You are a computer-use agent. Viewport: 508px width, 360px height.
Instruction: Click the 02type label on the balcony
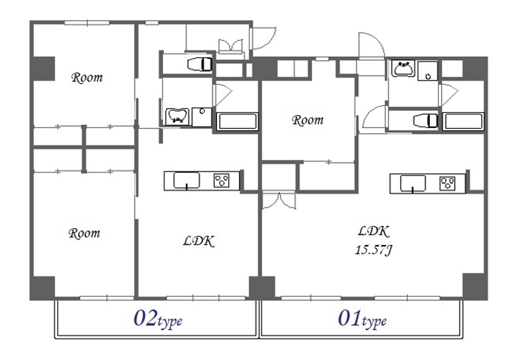coord(158,319)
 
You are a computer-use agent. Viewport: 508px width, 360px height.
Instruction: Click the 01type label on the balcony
coord(363,319)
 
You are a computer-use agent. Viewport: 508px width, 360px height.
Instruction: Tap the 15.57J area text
coord(373,250)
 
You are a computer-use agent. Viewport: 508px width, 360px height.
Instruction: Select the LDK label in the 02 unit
coord(199,241)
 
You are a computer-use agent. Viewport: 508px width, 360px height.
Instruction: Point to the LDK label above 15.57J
coord(373,232)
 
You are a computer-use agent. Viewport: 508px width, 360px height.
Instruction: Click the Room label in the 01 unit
coord(307,120)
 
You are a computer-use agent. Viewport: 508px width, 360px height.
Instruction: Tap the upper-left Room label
coord(87,78)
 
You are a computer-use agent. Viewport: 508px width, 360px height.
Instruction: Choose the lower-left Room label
coord(84,233)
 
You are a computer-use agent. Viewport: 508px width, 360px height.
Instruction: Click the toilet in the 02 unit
coord(199,64)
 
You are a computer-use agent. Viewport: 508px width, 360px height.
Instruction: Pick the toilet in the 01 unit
coord(426,121)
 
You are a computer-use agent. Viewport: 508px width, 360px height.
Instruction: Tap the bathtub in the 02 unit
coord(237,121)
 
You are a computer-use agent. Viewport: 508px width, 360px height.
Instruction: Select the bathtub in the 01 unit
coord(463,121)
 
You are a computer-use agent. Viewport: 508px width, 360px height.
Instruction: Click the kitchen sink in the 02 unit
coord(187,181)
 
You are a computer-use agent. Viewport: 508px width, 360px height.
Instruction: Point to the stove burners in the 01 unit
coord(447,184)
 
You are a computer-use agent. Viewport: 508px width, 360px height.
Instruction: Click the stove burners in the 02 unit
coord(222,181)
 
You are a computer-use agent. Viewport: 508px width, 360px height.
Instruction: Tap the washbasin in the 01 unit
coord(403,68)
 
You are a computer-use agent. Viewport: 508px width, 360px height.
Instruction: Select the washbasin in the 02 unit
coord(177,116)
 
